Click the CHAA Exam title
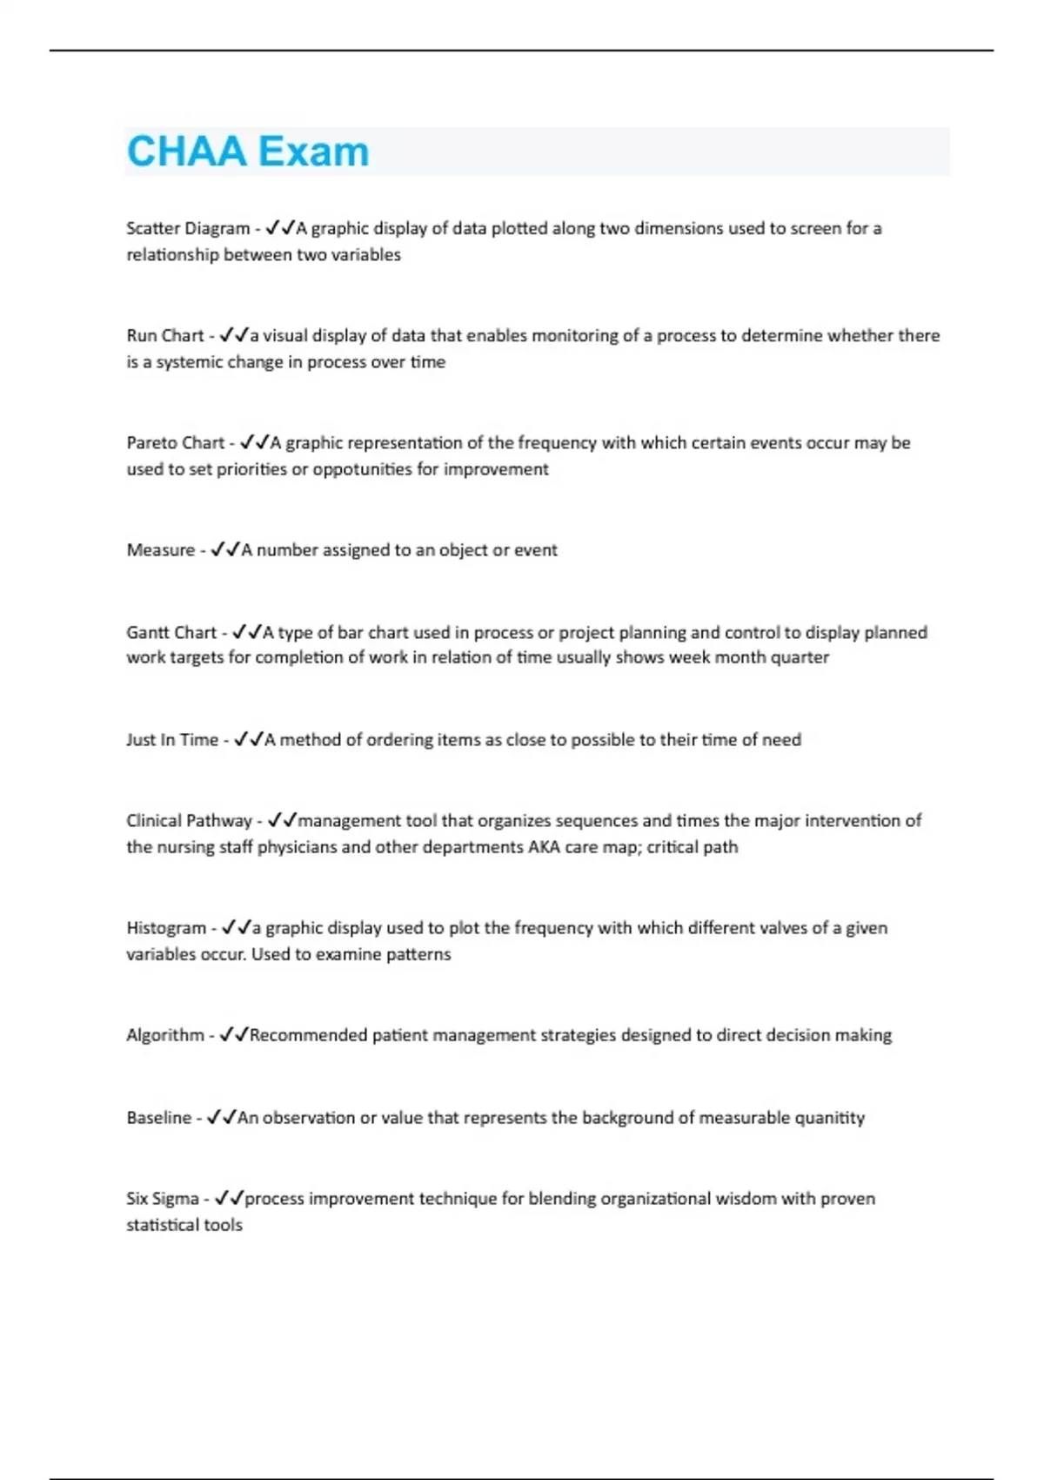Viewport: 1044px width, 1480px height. point(248,151)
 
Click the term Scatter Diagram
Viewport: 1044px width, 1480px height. point(188,228)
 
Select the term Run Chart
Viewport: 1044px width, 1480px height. point(165,335)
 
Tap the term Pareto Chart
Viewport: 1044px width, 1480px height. point(176,442)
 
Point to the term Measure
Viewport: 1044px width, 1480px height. point(161,549)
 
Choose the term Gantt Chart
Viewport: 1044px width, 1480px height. point(171,632)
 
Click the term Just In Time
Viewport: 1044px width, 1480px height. point(172,739)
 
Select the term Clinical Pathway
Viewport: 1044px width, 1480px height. point(189,820)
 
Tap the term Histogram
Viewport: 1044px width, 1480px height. point(166,927)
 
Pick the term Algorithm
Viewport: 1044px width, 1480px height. point(165,1034)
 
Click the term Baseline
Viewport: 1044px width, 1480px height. point(159,1117)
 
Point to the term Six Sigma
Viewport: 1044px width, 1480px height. point(163,1198)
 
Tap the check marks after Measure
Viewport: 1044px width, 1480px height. point(224,549)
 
